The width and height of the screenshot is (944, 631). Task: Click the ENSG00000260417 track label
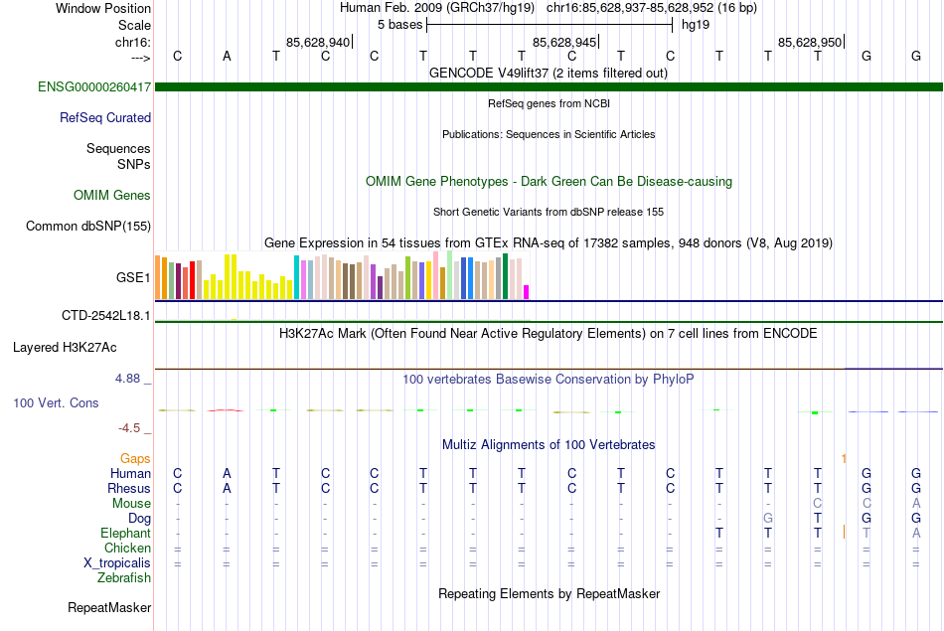point(94,87)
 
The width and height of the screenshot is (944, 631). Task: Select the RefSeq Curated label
point(105,118)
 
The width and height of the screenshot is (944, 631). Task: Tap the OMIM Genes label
point(112,196)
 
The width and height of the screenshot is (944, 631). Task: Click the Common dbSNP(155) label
point(88,227)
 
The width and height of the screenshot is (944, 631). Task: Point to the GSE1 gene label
point(133,278)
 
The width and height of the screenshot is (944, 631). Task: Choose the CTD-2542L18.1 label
point(106,316)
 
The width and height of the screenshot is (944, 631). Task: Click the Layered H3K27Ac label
point(65,348)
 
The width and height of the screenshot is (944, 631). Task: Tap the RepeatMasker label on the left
point(109,607)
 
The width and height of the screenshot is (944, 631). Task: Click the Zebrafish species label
point(124,578)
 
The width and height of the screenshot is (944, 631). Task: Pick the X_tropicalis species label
point(117,563)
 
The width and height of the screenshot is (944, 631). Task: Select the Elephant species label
point(125,534)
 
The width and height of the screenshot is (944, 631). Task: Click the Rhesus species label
point(128,489)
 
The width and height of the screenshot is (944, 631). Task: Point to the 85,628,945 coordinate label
point(565,43)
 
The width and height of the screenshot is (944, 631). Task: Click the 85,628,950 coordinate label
point(810,43)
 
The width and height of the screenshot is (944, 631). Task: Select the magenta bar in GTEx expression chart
point(527,292)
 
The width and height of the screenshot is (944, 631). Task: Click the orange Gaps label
point(135,458)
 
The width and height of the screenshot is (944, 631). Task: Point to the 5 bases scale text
point(399,24)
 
